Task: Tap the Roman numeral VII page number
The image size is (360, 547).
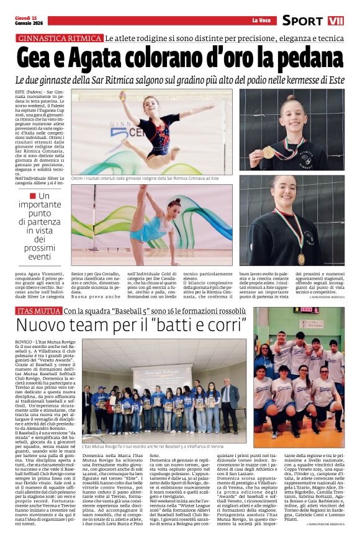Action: click(x=336, y=21)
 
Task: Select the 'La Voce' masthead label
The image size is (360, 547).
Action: click(x=261, y=21)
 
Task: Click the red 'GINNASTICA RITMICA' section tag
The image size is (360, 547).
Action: click(x=60, y=38)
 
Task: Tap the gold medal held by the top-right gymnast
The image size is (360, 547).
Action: click(x=268, y=152)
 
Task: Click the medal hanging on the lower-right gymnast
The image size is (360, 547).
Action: click(x=301, y=257)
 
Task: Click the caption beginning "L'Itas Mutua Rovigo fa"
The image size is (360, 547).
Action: click(x=152, y=445)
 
